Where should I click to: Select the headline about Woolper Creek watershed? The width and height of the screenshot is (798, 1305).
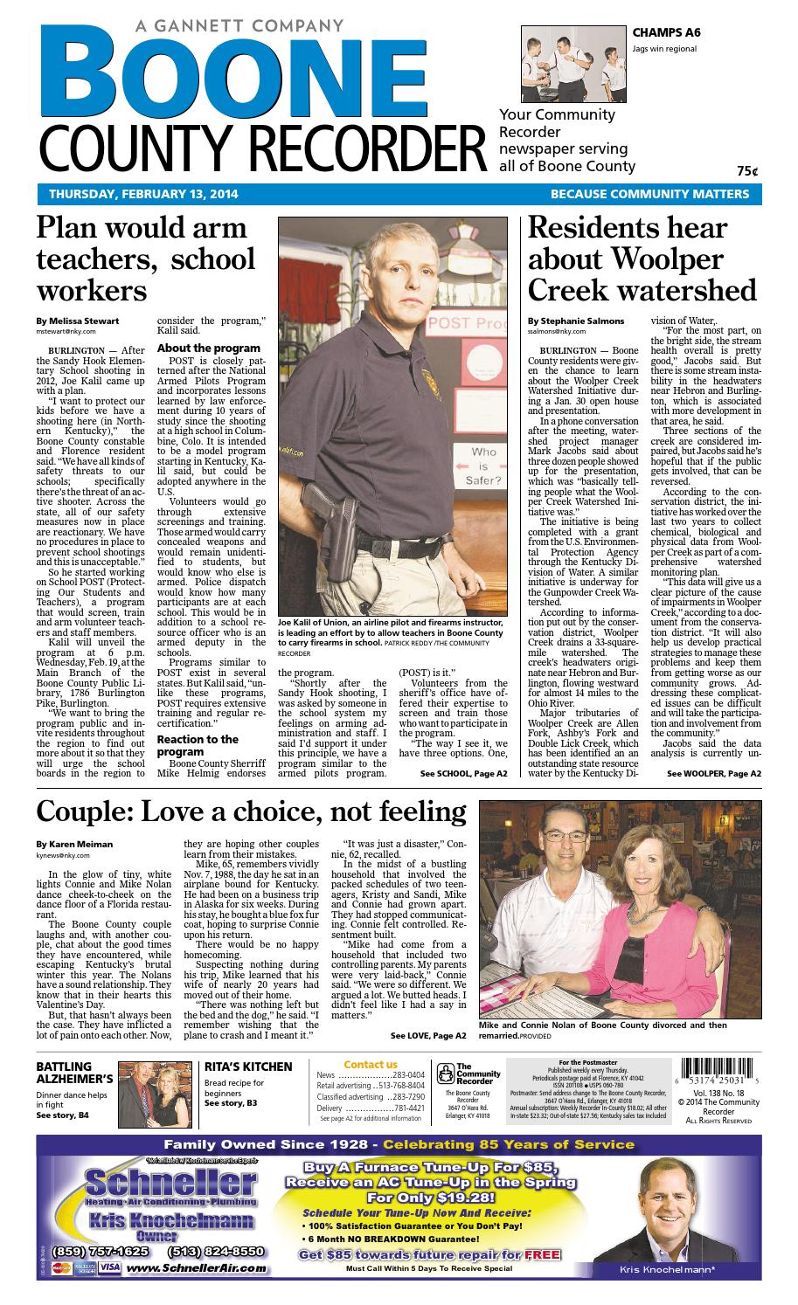click(x=642, y=258)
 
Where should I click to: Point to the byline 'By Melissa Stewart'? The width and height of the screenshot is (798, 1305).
click(x=77, y=321)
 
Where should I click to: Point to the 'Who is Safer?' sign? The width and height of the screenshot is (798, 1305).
click(x=485, y=466)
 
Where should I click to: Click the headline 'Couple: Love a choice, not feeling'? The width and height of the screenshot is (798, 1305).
click(x=251, y=811)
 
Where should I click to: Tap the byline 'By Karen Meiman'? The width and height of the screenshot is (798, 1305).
click(x=74, y=845)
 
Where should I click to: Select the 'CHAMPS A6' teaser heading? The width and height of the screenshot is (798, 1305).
click(x=668, y=33)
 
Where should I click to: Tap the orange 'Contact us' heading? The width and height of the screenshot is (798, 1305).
click(x=371, y=1064)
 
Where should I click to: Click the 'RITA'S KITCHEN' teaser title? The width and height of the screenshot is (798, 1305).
click(x=248, y=1067)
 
